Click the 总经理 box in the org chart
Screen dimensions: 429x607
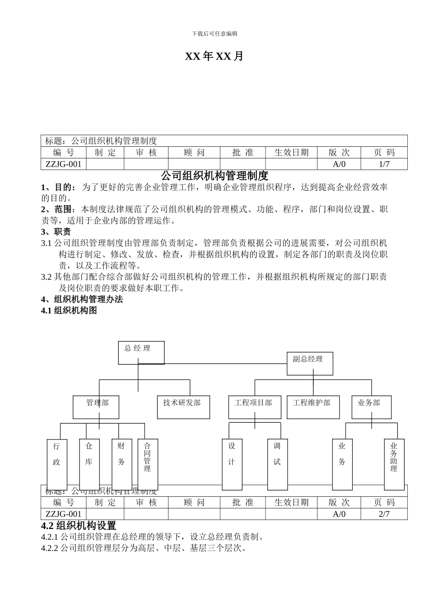[141, 353]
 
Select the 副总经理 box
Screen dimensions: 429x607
[310, 364]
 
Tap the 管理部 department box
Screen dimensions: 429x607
[96, 407]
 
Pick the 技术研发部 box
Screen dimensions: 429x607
[183, 407]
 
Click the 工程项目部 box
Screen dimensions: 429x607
[254, 407]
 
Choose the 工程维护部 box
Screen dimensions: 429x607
[312, 407]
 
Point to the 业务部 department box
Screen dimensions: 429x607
[371, 407]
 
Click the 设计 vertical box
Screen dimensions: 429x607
[232, 464]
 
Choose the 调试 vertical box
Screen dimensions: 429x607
[277, 464]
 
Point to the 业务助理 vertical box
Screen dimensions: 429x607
[394, 464]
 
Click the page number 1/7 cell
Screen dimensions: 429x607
[384, 164]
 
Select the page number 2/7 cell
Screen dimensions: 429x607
[384, 514]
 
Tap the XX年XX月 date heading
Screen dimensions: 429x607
[214, 56]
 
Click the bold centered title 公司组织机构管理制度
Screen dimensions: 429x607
[214, 175]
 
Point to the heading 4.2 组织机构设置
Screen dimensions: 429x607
[79, 526]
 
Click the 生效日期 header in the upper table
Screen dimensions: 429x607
[291, 153]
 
